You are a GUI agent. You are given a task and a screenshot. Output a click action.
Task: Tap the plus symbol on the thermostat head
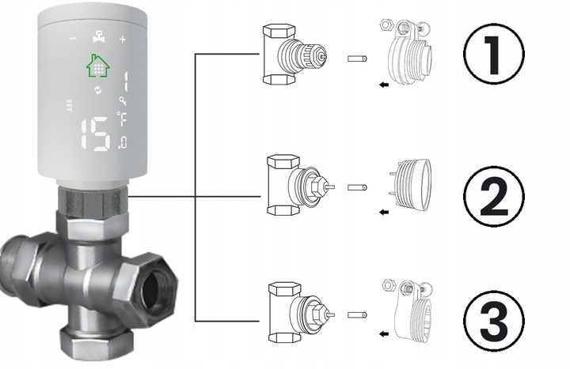click(122, 39)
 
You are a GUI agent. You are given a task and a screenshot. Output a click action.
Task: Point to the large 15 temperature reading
click(96, 134)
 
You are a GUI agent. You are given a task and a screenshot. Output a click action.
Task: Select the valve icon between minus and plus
click(97, 38)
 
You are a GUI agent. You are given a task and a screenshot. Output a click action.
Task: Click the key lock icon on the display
click(122, 100)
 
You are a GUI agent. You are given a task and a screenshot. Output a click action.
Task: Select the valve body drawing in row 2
click(293, 185)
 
